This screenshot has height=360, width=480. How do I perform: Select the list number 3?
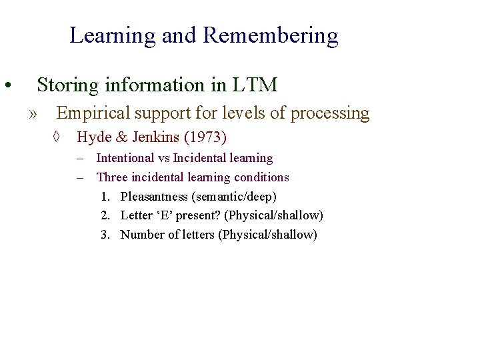point(105,235)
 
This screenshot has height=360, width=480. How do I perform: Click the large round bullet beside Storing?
point(6,86)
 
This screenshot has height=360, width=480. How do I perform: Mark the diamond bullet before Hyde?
point(57,138)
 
